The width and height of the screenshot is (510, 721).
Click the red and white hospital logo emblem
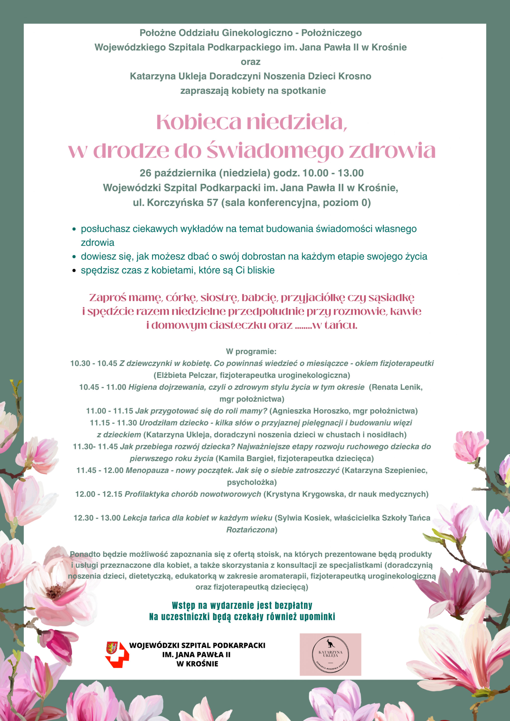tap(117, 655)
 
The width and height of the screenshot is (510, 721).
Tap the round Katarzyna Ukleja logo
tap(330, 654)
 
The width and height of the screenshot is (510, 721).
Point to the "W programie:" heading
tap(251, 351)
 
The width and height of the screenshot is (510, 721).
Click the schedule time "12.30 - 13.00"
tap(97, 518)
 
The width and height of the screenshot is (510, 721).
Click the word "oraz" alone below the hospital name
tap(250, 62)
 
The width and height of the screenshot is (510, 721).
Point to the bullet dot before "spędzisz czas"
tap(74, 270)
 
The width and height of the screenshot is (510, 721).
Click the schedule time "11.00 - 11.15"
tap(110, 411)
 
